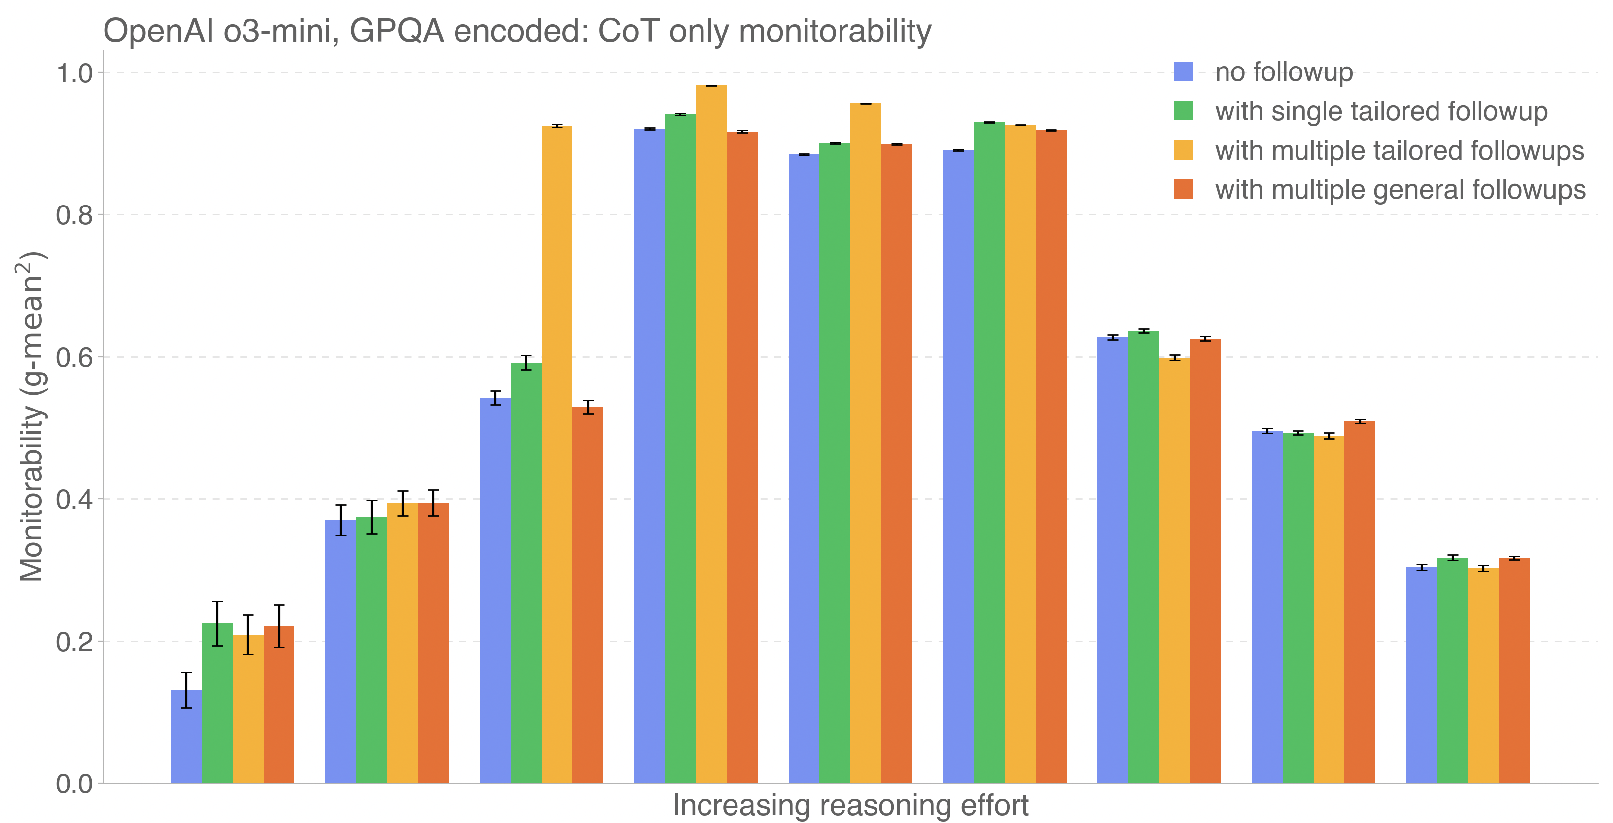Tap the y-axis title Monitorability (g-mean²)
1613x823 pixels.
point(32,416)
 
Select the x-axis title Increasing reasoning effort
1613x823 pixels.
point(850,805)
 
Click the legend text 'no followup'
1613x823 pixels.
point(1284,72)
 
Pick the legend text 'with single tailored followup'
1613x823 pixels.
point(1381,111)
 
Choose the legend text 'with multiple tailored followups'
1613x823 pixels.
point(1400,151)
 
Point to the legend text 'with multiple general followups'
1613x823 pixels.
point(1400,190)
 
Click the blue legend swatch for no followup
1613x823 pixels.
point(1184,71)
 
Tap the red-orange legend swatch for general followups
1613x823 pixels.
point(1184,189)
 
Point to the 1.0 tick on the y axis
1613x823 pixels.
point(74,73)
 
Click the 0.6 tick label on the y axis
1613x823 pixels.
point(74,357)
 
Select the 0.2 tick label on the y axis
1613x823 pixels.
point(74,642)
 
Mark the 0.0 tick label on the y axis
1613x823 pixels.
point(74,784)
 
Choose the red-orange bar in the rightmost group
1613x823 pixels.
point(1513,670)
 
